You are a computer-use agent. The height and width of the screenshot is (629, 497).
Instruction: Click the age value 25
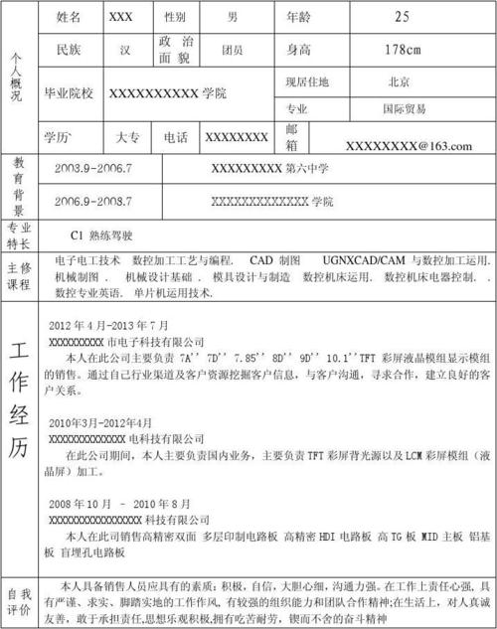[x=402, y=16]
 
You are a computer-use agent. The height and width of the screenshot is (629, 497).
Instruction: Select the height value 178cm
[x=402, y=49]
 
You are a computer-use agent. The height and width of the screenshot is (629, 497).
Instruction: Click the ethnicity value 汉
[x=123, y=49]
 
